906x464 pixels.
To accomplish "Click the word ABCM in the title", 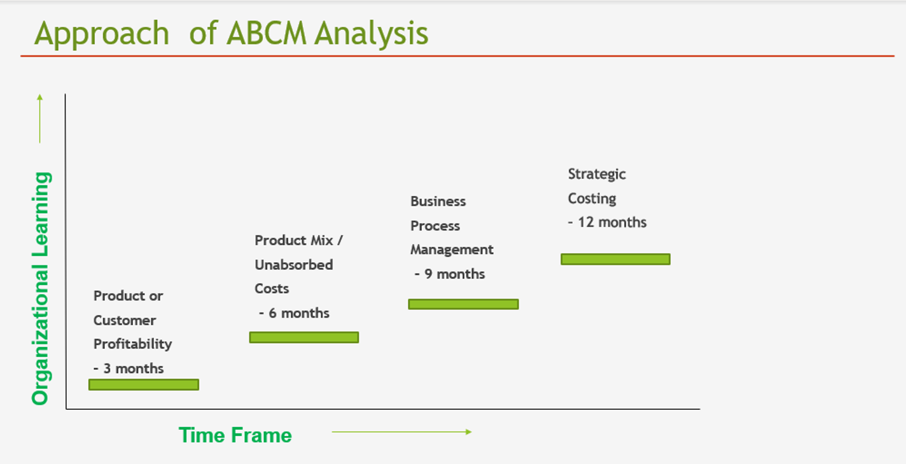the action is coord(267,33).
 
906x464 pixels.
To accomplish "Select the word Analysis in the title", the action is coord(372,34).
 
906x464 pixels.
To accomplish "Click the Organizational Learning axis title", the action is coord(41,288).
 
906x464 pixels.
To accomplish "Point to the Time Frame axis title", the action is coord(235,435).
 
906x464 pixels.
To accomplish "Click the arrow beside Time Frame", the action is coord(401,432).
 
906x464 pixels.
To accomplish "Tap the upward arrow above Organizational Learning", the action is coord(39,118).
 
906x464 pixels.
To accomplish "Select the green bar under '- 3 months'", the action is coord(144,384).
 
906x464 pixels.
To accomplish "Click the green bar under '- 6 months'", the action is coord(303,337).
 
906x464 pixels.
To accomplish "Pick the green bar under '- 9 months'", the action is coord(463,304).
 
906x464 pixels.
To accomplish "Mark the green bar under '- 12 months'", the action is coord(615,259).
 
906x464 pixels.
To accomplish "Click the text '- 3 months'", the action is coord(129,369).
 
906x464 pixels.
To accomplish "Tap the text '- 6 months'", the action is coord(294,313).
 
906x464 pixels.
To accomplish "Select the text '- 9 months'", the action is coord(449,274).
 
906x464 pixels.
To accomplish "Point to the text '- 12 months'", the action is coord(607,222).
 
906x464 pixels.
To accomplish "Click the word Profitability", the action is coord(133,344).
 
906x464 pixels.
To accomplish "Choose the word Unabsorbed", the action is coord(294,265).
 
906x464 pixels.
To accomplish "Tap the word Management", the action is coord(452,250).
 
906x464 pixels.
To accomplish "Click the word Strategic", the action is coord(597,174).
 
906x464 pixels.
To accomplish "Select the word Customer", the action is coord(125,320).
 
